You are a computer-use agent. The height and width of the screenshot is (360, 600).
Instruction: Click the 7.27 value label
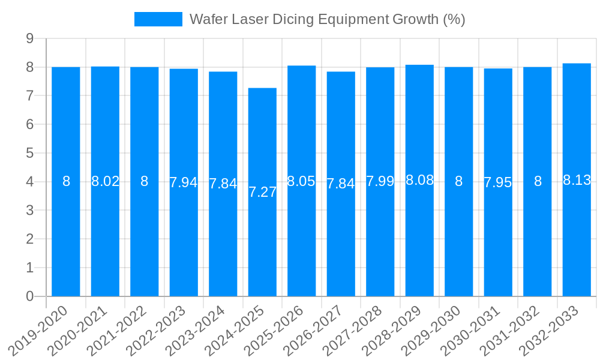[262, 192]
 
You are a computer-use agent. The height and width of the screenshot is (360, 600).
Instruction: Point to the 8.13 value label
[577, 179]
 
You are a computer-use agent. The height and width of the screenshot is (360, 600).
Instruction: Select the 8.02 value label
[105, 181]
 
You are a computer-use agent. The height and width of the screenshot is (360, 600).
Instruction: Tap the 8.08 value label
[419, 179]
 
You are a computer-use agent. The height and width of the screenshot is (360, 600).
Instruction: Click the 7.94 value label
[184, 182]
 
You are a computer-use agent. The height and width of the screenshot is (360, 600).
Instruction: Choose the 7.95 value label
[498, 182]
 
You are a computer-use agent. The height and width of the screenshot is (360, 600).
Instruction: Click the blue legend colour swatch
[158, 19]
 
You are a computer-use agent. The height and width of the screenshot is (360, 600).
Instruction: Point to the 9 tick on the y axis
[29, 39]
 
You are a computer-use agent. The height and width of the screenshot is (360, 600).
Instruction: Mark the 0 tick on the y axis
[29, 296]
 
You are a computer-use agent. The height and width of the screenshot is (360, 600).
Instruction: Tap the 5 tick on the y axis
[29, 154]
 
